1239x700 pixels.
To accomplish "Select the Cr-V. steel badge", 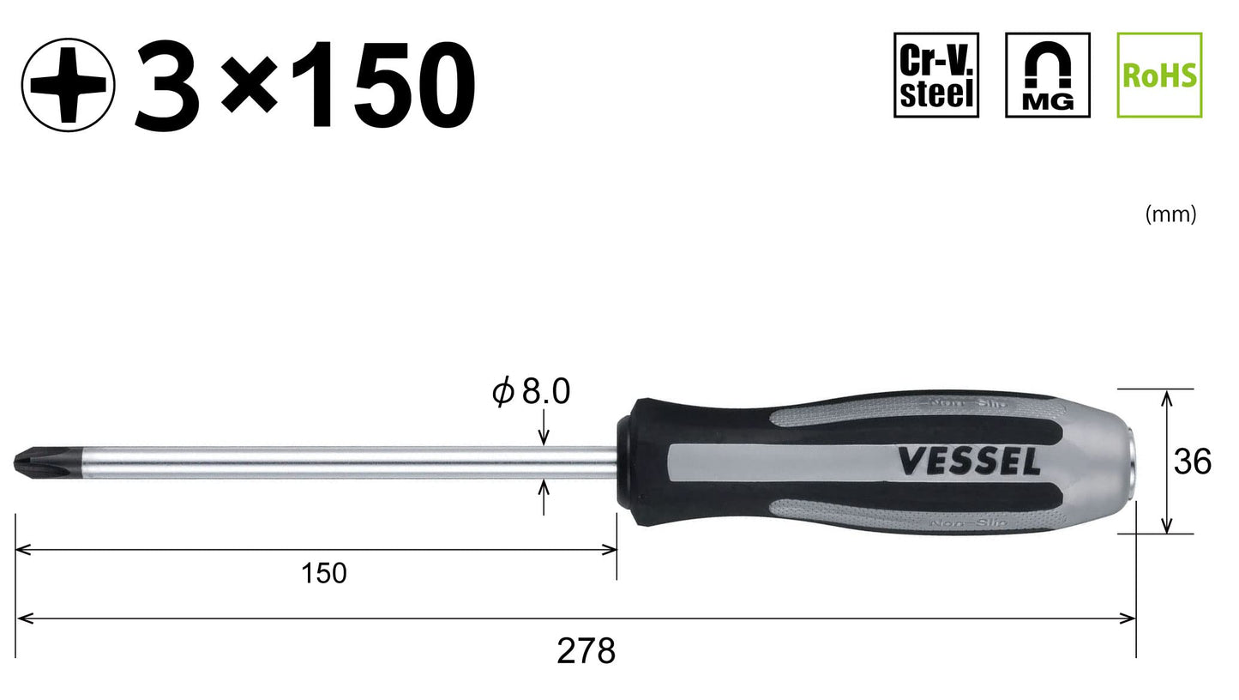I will (935, 75).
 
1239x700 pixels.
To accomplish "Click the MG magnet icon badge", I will (1047, 75).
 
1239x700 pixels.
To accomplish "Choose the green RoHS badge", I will (1159, 75).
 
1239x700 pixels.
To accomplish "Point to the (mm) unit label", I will (1170, 214).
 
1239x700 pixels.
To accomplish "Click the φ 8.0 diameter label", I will (531, 392).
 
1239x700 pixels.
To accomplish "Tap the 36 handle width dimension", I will (1192, 462).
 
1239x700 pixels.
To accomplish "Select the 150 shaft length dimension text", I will (323, 573).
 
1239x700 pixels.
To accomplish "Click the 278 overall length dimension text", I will (586, 652).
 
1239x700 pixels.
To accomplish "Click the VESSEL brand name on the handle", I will (969, 462).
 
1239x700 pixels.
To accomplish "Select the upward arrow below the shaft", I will (544, 493).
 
